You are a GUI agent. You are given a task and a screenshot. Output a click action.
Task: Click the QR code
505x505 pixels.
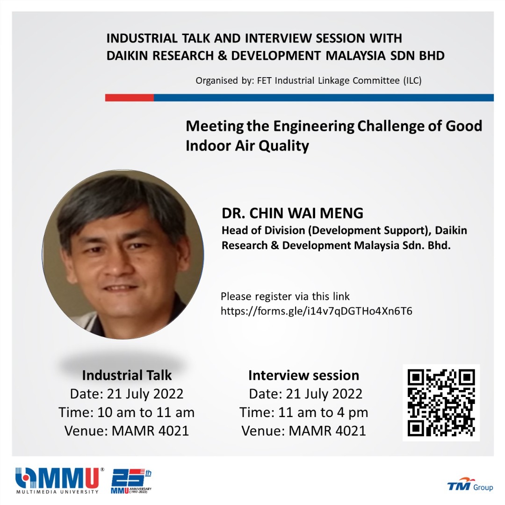(441, 403)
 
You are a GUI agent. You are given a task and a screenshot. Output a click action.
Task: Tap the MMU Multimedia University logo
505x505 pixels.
(60, 480)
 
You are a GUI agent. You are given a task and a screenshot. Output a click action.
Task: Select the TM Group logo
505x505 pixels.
(470, 485)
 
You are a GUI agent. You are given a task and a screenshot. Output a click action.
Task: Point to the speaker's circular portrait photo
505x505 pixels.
(123, 254)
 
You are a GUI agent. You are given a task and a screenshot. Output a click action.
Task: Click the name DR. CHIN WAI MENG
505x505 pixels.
(292, 213)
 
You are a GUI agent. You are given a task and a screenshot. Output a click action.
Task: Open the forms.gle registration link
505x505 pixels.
(316, 311)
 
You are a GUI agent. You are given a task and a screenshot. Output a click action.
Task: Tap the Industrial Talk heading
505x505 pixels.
(127, 375)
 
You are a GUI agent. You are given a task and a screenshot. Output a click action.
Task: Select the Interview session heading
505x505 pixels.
(303, 375)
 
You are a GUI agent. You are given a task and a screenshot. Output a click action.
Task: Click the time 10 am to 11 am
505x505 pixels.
(146, 412)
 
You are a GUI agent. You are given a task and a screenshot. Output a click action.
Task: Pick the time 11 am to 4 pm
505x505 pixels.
(323, 412)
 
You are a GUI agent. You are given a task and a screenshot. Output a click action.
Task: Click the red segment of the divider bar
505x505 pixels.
(130, 98)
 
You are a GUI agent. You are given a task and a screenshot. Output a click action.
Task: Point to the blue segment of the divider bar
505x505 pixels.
(324, 98)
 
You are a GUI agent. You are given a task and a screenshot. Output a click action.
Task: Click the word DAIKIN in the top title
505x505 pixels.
(128, 56)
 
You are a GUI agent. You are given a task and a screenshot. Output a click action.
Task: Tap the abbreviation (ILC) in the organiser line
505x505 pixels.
(412, 80)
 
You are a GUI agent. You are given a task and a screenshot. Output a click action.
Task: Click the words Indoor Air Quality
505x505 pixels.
(247, 146)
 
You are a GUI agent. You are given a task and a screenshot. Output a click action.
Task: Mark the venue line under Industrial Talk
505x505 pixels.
(127, 431)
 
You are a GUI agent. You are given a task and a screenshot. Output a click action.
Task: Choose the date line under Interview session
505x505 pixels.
(305, 394)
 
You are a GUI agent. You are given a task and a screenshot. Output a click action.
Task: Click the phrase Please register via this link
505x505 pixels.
(285, 296)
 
